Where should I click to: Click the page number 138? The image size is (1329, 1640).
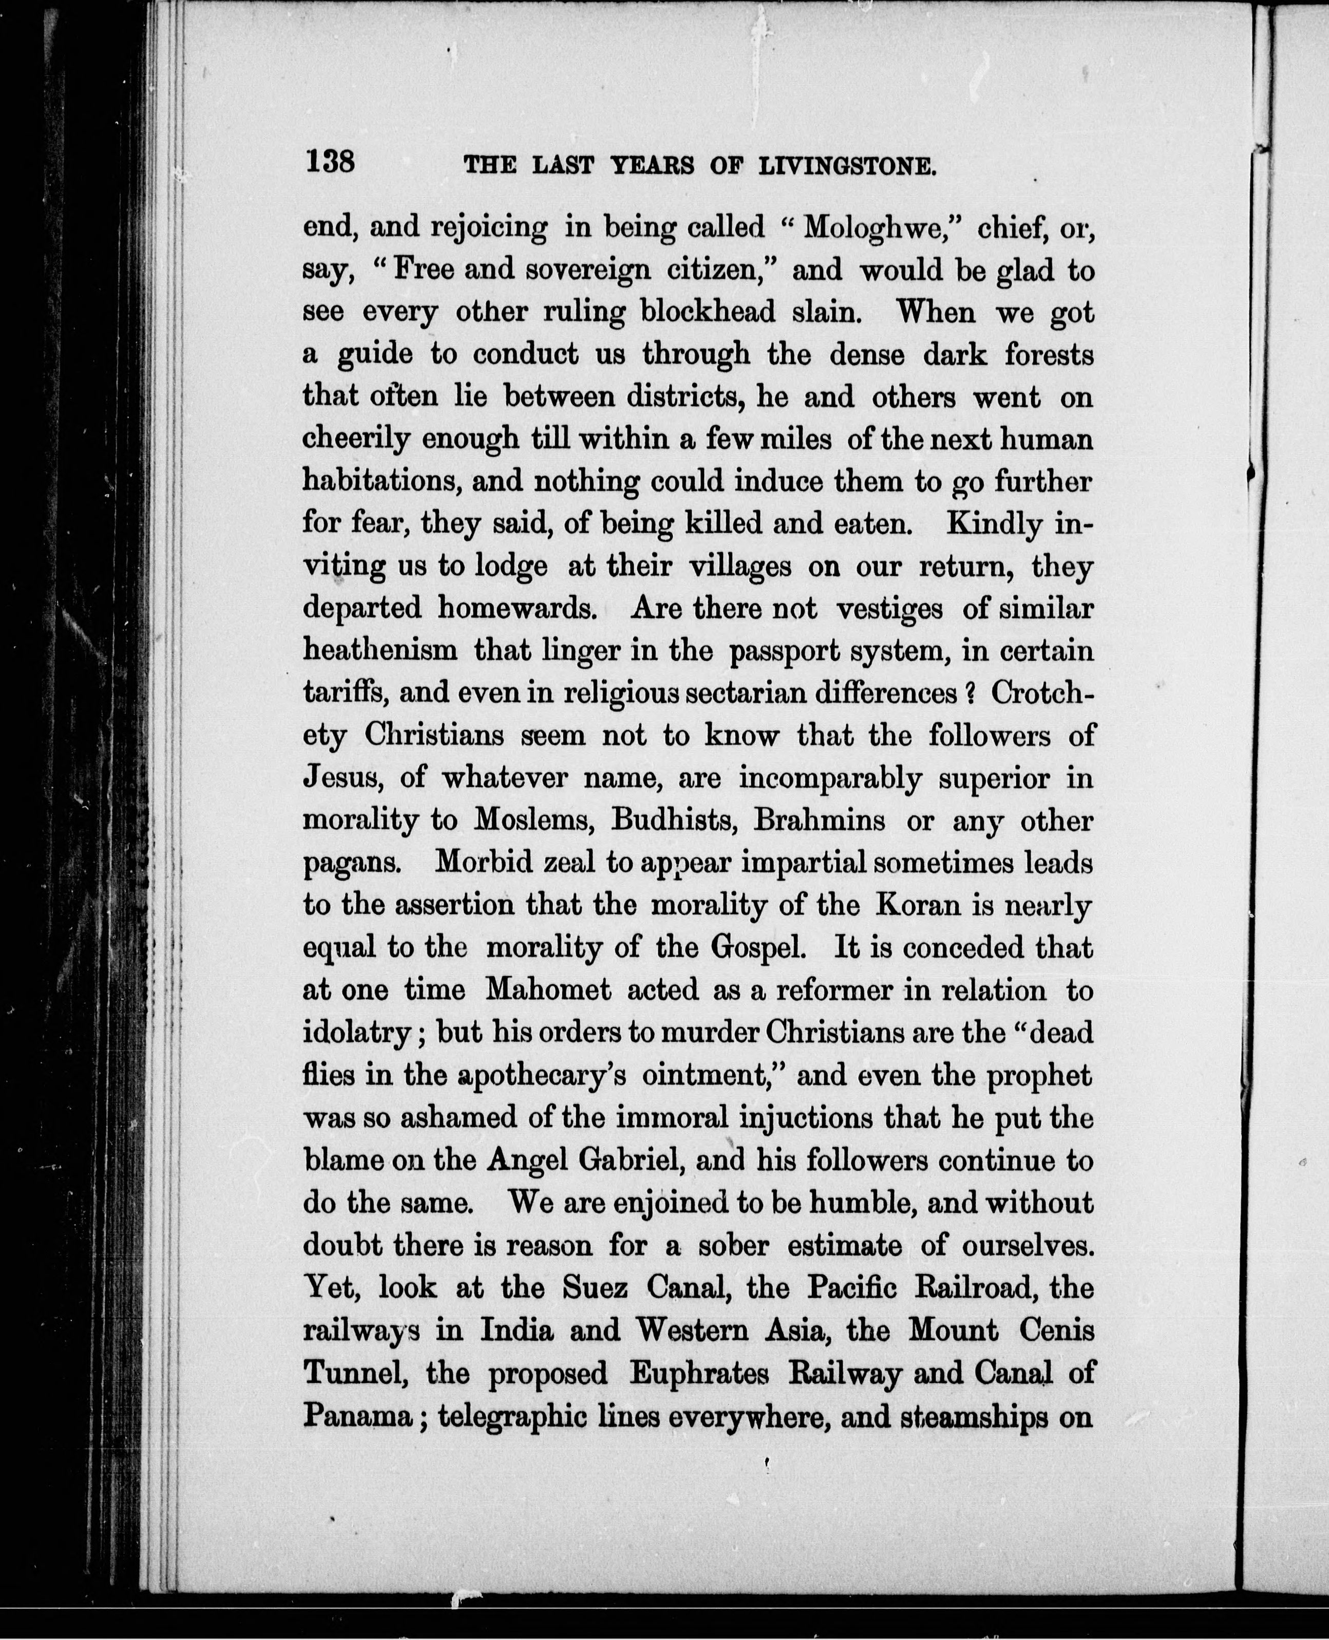coord(330,162)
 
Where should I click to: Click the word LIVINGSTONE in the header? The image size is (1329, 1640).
coord(847,167)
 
